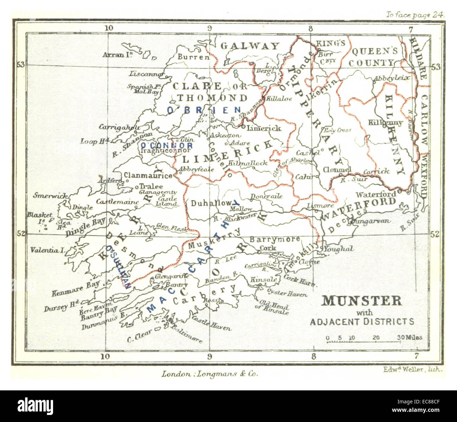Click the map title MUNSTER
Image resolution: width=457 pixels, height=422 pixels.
click(x=362, y=301)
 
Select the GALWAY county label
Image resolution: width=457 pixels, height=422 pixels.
click(x=250, y=46)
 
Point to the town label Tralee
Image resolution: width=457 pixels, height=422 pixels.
click(x=151, y=186)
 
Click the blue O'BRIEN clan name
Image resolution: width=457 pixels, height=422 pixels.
click(x=204, y=110)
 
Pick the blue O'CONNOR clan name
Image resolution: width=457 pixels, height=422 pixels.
click(x=167, y=145)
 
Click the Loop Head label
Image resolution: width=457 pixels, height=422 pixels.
click(x=95, y=141)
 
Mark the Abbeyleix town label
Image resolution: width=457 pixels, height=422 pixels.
click(x=392, y=78)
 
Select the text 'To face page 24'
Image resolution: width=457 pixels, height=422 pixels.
click(x=415, y=15)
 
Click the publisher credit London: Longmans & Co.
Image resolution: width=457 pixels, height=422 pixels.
click(x=210, y=374)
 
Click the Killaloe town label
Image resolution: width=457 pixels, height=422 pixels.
click(x=279, y=99)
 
